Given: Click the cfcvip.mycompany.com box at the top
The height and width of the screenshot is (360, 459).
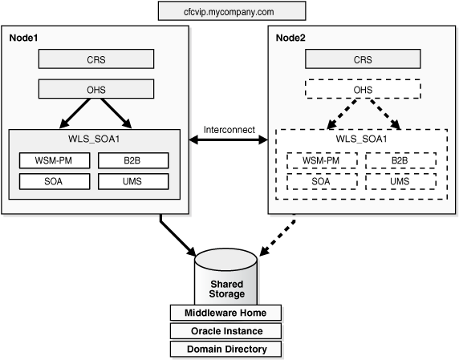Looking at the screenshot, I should [232, 10].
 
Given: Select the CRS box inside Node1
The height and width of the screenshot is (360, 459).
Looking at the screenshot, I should [95, 59].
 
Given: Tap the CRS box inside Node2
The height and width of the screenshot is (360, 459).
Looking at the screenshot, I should [363, 59].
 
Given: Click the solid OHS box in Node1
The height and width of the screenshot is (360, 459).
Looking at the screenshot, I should [95, 89].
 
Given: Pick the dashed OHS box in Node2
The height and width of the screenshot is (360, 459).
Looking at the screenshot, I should [363, 89].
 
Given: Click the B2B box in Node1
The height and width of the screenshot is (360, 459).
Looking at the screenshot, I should [133, 160].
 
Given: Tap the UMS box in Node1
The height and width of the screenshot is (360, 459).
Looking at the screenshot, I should [133, 181].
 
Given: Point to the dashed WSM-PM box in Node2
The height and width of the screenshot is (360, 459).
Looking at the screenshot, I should [320, 160].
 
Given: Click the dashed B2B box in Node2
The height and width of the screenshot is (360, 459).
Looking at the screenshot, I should [400, 160].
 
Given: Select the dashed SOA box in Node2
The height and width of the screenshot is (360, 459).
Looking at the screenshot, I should [320, 181].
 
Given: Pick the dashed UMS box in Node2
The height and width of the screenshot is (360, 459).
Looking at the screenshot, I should [400, 181].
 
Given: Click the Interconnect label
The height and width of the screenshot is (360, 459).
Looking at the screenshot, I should [229, 128].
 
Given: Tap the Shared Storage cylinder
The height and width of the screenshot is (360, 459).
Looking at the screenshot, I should [226, 277].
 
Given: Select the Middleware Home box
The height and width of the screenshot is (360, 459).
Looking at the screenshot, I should [226, 313].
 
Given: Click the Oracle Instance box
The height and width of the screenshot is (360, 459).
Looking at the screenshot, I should [226, 330].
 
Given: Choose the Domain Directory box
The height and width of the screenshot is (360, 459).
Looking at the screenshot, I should [226, 349].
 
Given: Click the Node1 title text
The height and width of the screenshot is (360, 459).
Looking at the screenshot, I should [23, 37].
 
